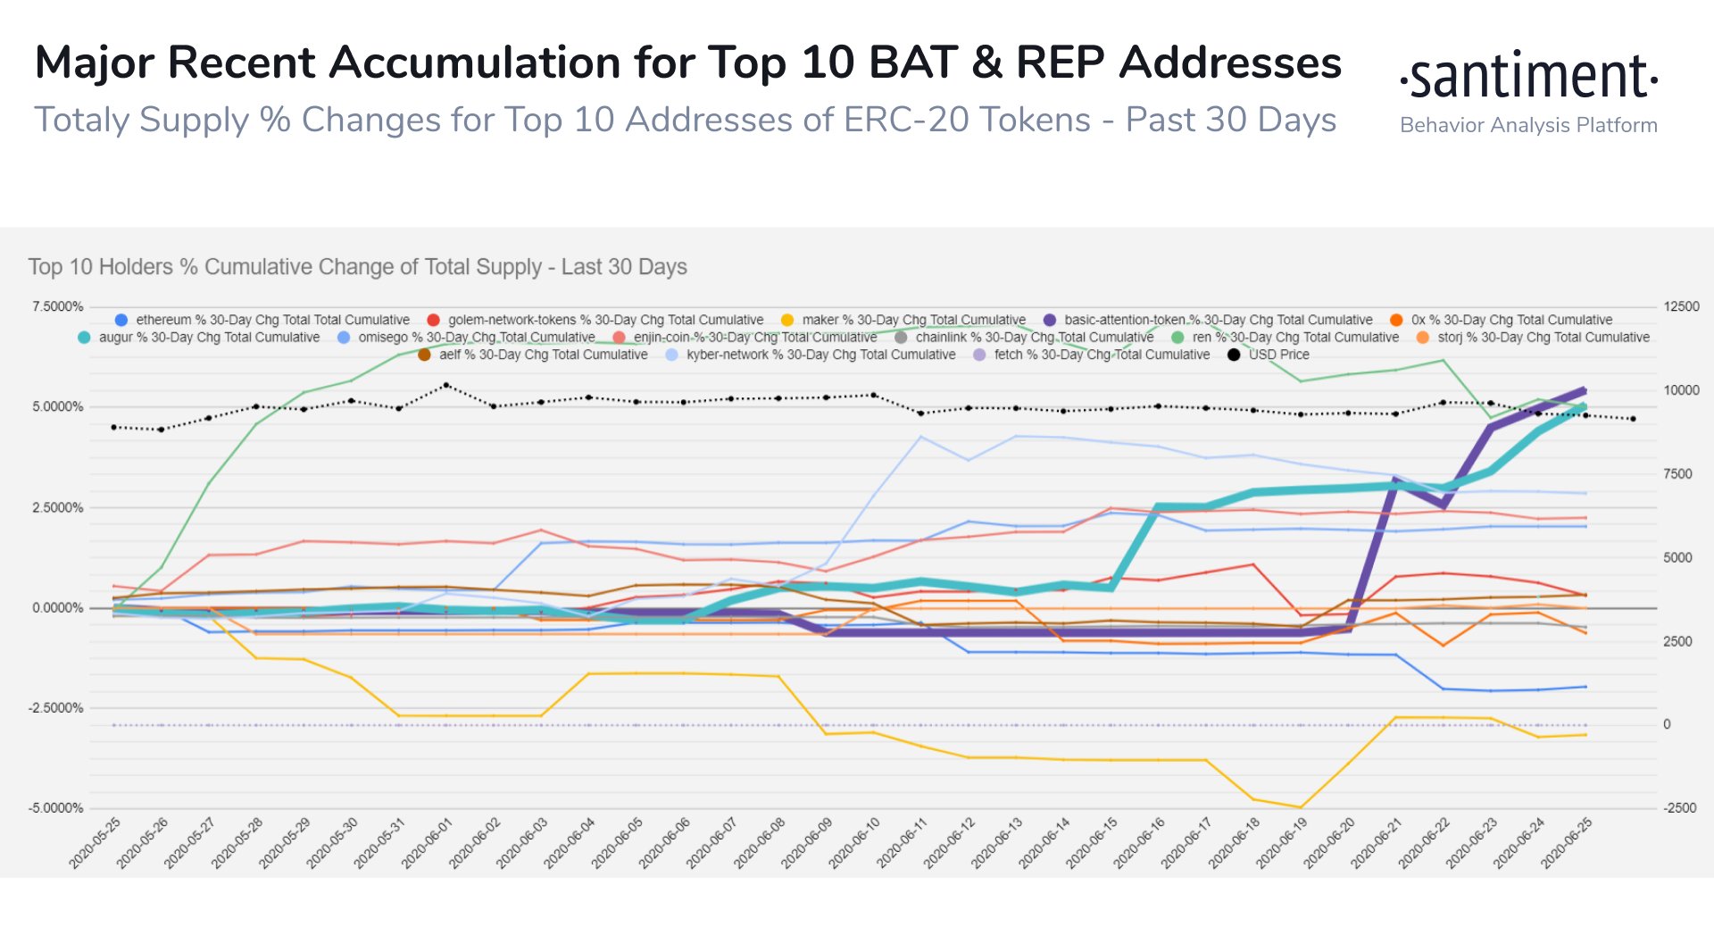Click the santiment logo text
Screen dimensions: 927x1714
coord(1528,77)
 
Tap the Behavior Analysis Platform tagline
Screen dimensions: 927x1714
coord(1528,125)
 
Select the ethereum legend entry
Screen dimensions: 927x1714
coord(262,320)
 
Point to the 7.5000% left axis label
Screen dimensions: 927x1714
coord(58,306)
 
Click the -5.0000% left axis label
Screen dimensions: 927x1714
coord(56,808)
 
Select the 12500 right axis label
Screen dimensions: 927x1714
coord(1681,306)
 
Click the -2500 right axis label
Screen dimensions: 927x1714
coord(1678,808)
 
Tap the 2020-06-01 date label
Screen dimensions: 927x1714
coord(428,842)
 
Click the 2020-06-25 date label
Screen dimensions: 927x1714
coord(1568,842)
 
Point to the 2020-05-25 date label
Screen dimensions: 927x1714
coord(96,842)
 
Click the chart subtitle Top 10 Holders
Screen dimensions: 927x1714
coord(357,267)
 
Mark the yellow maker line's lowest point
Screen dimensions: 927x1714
coord(1301,807)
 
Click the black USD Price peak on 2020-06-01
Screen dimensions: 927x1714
coord(446,385)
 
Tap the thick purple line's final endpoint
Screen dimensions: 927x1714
coord(1585,390)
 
